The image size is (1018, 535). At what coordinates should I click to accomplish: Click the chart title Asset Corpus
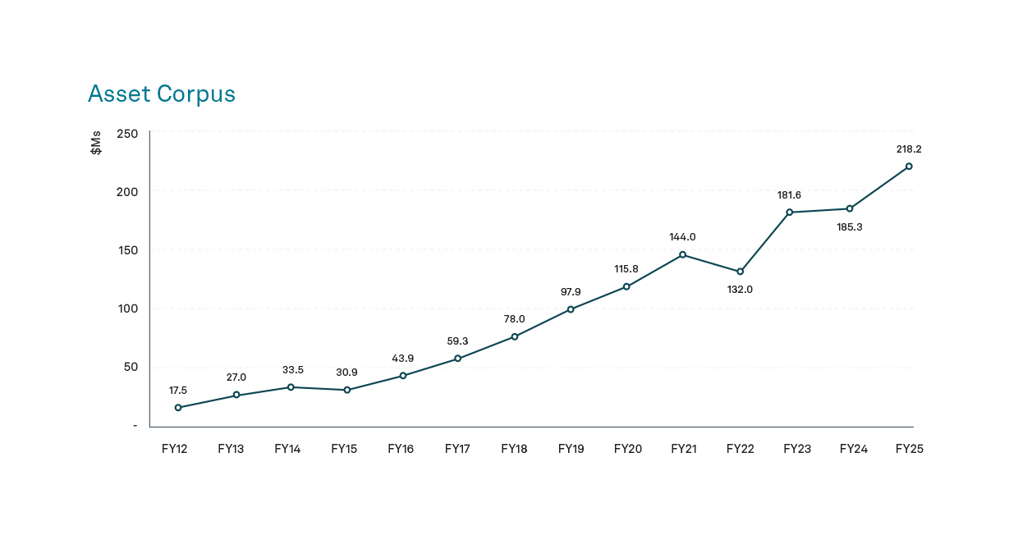coord(162,94)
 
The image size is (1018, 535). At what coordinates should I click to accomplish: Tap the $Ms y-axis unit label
coord(97,144)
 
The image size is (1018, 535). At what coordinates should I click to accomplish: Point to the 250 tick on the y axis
coord(126,134)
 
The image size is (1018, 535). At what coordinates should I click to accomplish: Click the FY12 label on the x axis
coord(175,449)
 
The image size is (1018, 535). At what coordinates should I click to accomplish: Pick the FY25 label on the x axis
coord(910,449)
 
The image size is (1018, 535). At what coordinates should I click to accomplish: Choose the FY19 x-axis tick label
coord(571,449)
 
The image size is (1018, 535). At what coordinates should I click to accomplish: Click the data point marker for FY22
coord(740,272)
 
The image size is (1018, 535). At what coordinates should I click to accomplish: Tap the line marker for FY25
coord(909,167)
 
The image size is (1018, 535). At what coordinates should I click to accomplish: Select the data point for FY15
coord(347,390)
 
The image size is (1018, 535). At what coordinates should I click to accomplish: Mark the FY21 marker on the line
coord(682,254)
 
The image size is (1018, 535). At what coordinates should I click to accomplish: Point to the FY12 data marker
coord(178,408)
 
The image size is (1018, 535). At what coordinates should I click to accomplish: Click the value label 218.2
coord(909,149)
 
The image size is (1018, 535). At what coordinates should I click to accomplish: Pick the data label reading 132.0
coord(740,290)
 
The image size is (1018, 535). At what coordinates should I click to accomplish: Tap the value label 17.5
coord(178,391)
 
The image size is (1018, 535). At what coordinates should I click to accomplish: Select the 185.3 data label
coord(850,226)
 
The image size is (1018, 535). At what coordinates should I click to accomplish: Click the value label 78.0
coord(514,319)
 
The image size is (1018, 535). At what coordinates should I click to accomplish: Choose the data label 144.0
coord(682,237)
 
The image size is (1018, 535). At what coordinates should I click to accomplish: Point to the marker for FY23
coord(789,213)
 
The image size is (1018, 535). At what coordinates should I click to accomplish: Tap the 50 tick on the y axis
coord(130,367)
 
